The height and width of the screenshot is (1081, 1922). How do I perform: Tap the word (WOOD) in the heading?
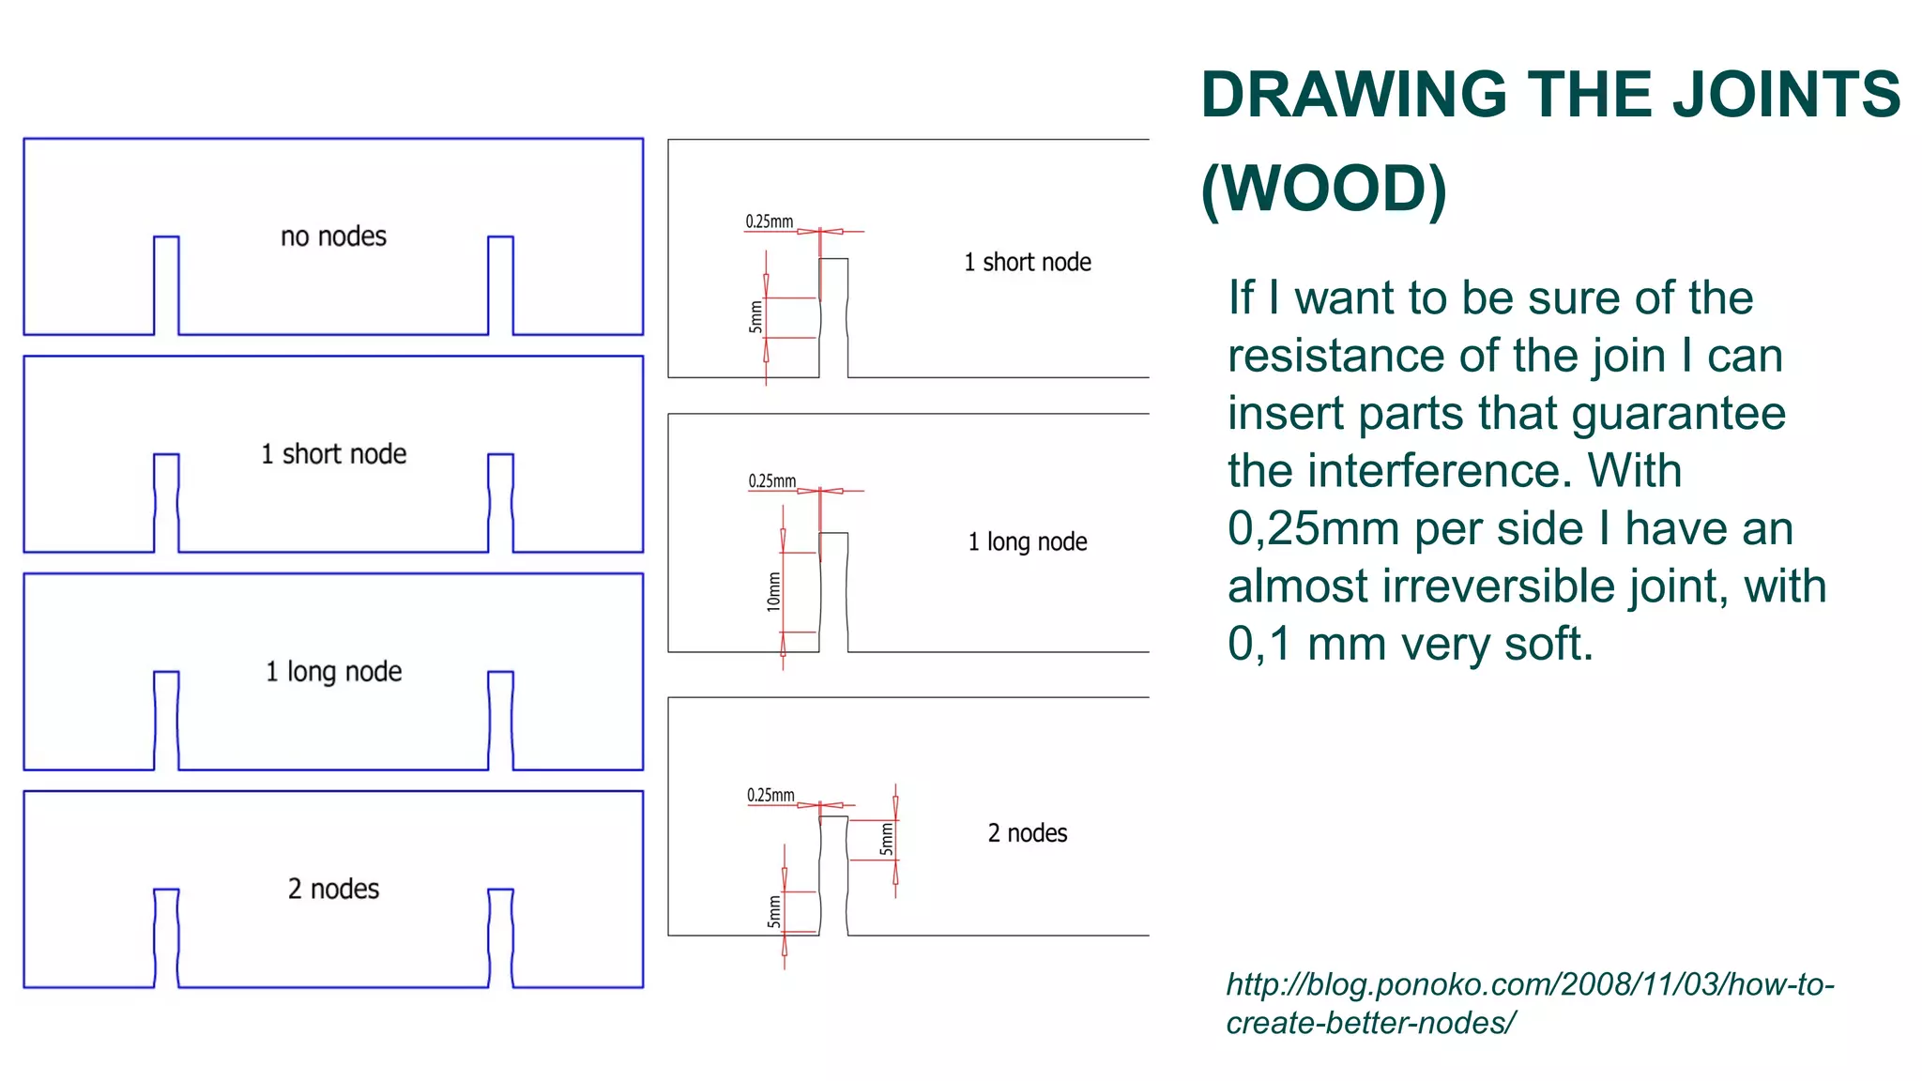point(1323,189)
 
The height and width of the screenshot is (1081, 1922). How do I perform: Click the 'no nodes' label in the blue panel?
point(333,236)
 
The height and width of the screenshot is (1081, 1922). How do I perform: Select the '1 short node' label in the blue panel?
point(333,454)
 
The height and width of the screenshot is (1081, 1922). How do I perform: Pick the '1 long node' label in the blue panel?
point(333,672)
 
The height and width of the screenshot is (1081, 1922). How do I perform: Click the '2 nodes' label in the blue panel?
point(333,890)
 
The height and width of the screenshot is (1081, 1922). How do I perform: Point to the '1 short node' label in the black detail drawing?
point(1027,263)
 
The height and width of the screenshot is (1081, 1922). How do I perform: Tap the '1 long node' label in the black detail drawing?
point(1027,542)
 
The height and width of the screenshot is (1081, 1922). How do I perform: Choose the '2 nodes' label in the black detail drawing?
point(1027,833)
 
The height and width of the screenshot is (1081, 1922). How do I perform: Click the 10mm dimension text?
point(773,592)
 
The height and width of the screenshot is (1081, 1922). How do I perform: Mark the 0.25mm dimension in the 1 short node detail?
point(769,221)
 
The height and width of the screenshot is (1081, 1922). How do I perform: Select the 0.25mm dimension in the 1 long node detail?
point(771,481)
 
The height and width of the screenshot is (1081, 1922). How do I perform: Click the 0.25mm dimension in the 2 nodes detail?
point(770,796)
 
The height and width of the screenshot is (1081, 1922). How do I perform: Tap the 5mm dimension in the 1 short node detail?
point(755,317)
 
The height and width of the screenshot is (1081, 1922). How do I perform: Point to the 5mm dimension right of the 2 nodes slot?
point(886,839)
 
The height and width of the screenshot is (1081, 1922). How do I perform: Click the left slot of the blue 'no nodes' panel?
point(166,285)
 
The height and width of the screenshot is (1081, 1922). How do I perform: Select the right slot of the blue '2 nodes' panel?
point(500,937)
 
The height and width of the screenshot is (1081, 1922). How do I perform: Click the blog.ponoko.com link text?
point(1530,1003)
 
